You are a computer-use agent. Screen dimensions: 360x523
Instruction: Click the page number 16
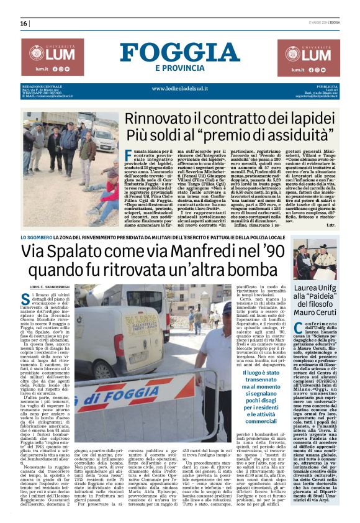pos(24,23)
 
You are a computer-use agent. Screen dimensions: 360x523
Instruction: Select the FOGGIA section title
pos(179,50)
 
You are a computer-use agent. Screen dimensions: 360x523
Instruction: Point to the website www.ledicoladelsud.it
pos(179,89)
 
